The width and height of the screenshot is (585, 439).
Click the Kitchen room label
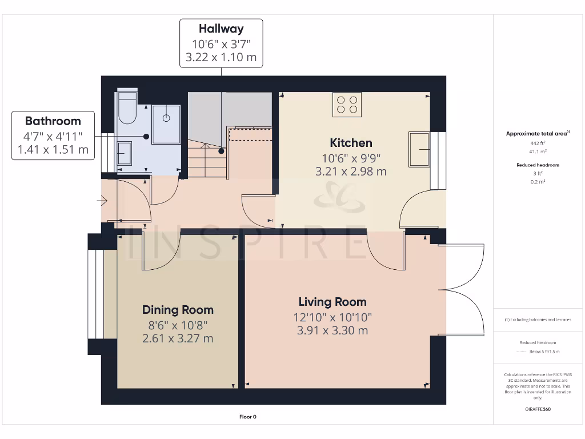[x=351, y=143]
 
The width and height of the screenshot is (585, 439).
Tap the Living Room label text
[x=332, y=302]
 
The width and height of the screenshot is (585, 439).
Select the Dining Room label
[x=178, y=310]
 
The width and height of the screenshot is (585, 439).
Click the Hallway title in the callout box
[x=221, y=29]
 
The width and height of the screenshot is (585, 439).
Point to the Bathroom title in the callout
[x=53, y=121]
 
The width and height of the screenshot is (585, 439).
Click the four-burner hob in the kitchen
[x=347, y=105]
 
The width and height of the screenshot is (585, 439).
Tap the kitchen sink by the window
[x=419, y=149]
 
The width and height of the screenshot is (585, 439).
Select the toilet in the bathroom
[x=126, y=108]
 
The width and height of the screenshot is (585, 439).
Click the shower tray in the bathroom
[x=166, y=124]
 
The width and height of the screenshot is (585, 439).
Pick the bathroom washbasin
[x=125, y=154]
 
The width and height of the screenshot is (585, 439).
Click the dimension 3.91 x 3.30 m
[x=332, y=330]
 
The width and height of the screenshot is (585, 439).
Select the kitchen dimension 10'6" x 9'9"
[x=351, y=158]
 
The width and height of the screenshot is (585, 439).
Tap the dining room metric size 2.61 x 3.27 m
[x=178, y=338]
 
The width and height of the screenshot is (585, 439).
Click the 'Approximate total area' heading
[x=536, y=134]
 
